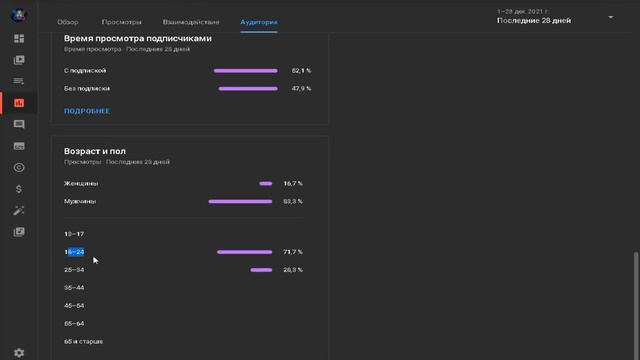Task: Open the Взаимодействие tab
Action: pyautogui.click(x=191, y=21)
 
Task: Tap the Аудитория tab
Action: pyautogui.click(x=259, y=21)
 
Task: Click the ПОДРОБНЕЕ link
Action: pyautogui.click(x=87, y=111)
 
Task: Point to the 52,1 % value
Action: pyautogui.click(x=301, y=71)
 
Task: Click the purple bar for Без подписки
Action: pyautogui.click(x=247, y=89)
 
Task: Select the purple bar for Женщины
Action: pyautogui.click(x=265, y=184)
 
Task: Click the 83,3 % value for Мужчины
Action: pyautogui.click(x=293, y=202)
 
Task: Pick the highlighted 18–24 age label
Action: pyautogui.click(x=74, y=252)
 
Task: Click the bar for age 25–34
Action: pyautogui.click(x=261, y=270)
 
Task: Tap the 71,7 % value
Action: pyautogui.click(x=293, y=252)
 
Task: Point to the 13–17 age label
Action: pyautogui.click(x=74, y=234)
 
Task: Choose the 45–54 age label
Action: pyautogui.click(x=74, y=306)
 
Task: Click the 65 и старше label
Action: pyautogui.click(x=83, y=342)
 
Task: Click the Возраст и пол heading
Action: pyautogui.click(x=95, y=151)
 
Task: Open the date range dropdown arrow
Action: pyautogui.click(x=611, y=17)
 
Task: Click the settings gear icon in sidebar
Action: pyautogui.click(x=19, y=352)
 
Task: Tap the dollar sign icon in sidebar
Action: pyautogui.click(x=19, y=189)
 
